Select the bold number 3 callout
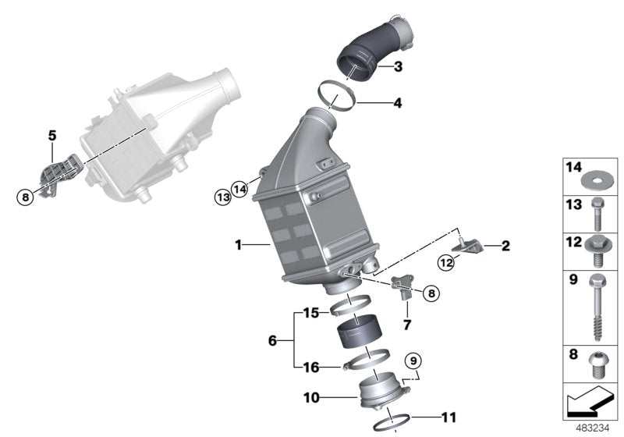tap(398, 67)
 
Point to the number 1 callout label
tap(239, 246)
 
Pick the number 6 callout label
tap(272, 341)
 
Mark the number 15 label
tap(310, 314)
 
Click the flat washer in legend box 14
tap(596, 183)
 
